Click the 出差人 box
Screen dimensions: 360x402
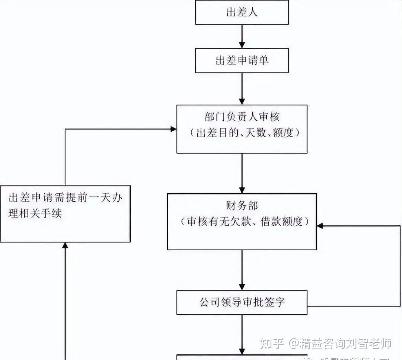[242, 13]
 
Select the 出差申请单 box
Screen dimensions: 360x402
[242, 61]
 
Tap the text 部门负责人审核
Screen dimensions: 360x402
[242, 117]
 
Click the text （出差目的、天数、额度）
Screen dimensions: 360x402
[242, 133]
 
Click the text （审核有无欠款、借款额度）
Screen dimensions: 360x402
[242, 222]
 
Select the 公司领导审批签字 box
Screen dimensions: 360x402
[242, 302]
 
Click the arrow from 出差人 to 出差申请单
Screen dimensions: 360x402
[242, 36]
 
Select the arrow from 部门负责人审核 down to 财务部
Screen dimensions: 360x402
[242, 173]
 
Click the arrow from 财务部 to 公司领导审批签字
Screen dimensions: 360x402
[242, 270]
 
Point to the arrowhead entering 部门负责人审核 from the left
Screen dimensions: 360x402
[173, 129]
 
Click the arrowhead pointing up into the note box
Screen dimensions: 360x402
[66, 245]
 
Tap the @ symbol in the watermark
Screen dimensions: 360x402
[294, 343]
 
